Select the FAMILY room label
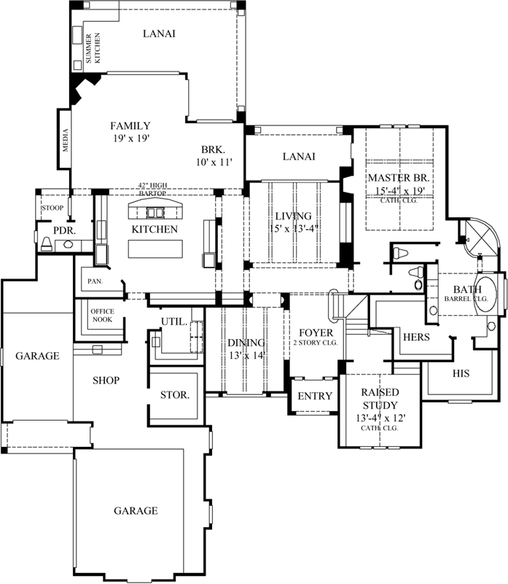point(130,125)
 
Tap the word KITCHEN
point(155,229)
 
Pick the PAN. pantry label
point(95,281)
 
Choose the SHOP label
point(106,380)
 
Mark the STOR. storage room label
point(175,395)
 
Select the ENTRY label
point(315,397)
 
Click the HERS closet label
point(416,338)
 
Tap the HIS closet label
point(460,373)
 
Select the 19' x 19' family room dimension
point(130,138)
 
